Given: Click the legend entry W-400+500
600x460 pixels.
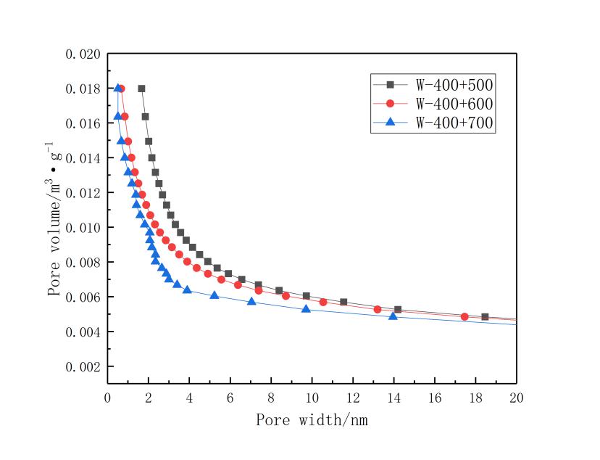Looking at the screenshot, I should point(454,84).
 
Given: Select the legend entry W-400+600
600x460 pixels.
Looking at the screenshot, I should point(454,104).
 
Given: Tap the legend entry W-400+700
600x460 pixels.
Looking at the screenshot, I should point(454,123).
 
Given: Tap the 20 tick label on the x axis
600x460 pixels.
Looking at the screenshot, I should point(516,398).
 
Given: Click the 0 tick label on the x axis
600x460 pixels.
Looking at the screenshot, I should point(108,398).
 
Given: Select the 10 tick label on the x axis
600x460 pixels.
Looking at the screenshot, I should point(312,398).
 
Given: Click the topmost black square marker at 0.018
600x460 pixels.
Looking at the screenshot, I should point(141,89).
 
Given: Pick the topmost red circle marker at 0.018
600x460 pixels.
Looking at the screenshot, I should point(121,89).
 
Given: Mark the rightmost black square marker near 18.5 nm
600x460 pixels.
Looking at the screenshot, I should point(485,317).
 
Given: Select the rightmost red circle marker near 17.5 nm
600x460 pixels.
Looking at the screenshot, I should point(464,317).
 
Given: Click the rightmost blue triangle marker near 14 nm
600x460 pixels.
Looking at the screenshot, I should point(393,316).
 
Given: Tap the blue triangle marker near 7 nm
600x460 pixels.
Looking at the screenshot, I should point(251,300).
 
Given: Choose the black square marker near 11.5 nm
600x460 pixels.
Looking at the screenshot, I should point(343,302).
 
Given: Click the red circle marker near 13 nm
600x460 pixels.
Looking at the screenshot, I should point(378,309).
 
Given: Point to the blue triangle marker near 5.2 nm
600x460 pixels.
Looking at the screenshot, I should point(214,295).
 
